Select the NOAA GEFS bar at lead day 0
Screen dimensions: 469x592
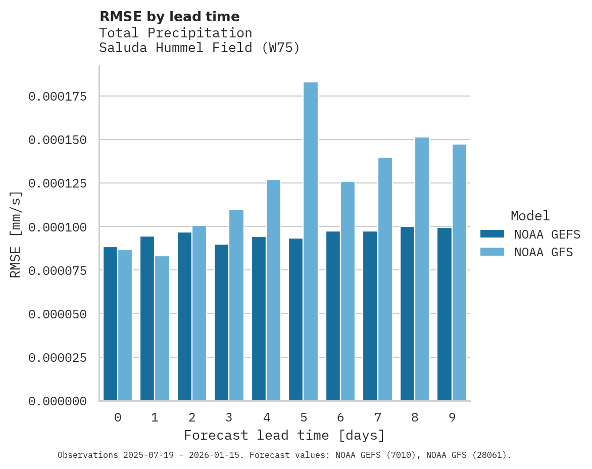pos(110,323)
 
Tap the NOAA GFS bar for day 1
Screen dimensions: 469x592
pos(162,329)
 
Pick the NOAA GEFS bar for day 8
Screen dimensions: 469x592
pos(407,313)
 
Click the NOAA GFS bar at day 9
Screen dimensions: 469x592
pos(459,273)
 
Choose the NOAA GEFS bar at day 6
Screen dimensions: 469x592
pos(333,316)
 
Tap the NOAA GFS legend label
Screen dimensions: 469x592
pos(544,252)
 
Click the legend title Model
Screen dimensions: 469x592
pos(530,216)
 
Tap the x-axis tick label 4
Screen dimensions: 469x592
pos(266,417)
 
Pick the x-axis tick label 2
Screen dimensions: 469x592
pos(192,417)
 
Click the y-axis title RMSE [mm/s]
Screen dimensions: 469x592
pos(16,234)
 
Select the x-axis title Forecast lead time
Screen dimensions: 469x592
pos(284,435)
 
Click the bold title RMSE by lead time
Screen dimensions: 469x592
pos(169,17)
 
